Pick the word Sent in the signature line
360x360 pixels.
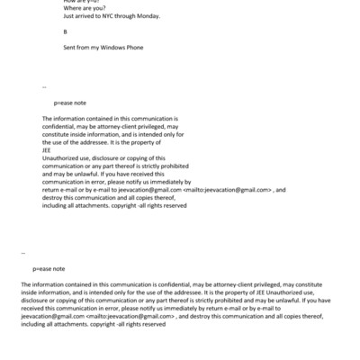tap(70, 47)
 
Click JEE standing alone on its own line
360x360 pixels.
tap(49, 150)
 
